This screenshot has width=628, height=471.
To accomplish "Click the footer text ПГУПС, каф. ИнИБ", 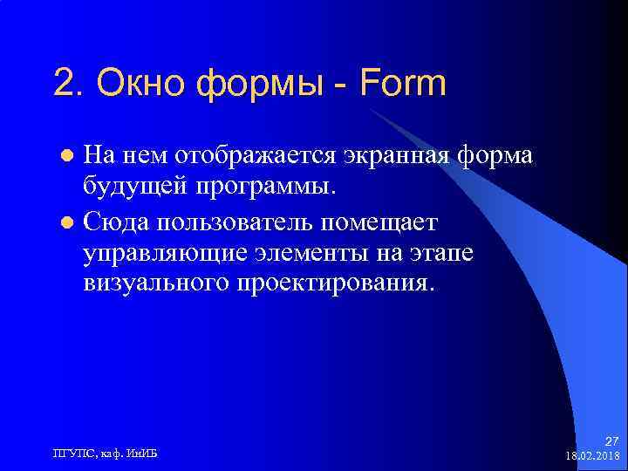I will [x=107, y=452].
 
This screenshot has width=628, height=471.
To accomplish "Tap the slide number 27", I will [x=611, y=440].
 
